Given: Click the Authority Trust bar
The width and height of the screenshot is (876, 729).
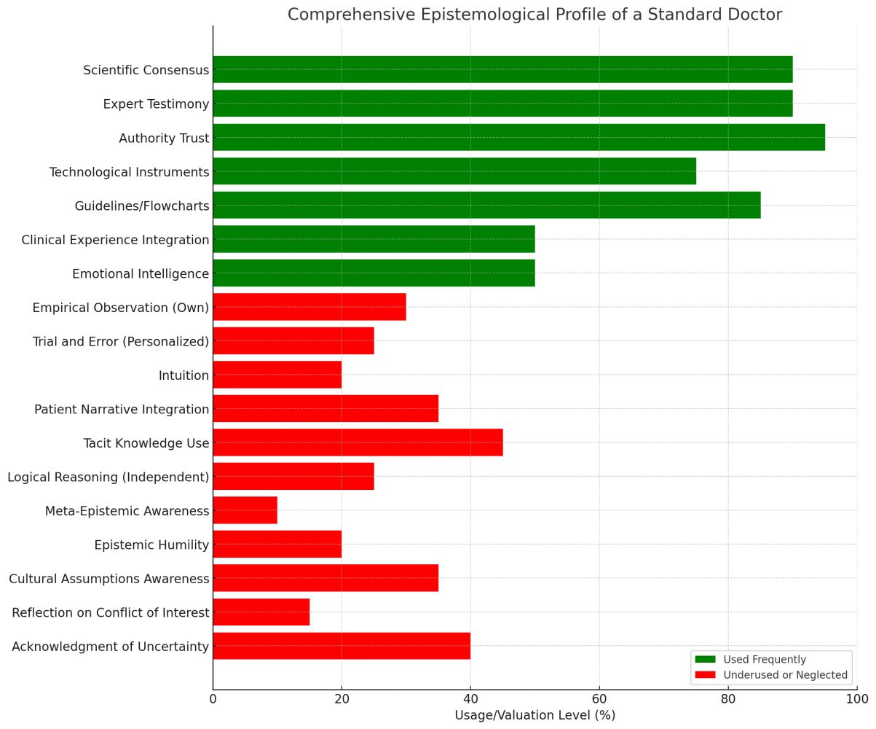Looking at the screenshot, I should (518, 137).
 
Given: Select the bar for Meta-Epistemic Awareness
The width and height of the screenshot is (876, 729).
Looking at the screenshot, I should (245, 510).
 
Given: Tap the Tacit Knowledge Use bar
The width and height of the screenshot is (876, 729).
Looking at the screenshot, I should (358, 443).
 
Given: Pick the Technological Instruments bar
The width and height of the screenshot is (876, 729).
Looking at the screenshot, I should (454, 171).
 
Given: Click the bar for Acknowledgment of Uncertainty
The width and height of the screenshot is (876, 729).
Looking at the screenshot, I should (342, 646).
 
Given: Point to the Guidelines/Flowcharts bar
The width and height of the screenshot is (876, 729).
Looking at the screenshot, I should (486, 205).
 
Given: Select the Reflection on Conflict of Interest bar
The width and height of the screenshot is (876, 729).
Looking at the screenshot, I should (261, 612).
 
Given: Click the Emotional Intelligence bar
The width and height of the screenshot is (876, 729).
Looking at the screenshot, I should (374, 273).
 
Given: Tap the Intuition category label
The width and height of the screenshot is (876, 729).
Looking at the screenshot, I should (184, 375).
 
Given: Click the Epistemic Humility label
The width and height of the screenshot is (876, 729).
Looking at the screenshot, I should (151, 545).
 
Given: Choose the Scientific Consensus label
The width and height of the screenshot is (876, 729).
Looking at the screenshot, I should (146, 70).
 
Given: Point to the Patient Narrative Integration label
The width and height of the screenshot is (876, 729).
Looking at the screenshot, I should (122, 409).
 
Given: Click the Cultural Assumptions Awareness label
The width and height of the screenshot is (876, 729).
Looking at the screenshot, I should (108, 579).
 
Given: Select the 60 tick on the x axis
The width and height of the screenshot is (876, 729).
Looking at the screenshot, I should (599, 699).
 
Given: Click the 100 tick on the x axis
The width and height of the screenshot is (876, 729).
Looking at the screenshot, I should (857, 699).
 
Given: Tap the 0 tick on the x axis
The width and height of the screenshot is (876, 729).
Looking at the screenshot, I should (213, 699).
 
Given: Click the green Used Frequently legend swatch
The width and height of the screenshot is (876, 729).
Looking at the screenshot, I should (705, 659).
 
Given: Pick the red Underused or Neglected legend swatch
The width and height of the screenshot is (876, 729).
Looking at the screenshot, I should (705, 675).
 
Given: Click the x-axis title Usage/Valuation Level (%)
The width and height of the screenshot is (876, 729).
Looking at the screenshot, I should (534, 715).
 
